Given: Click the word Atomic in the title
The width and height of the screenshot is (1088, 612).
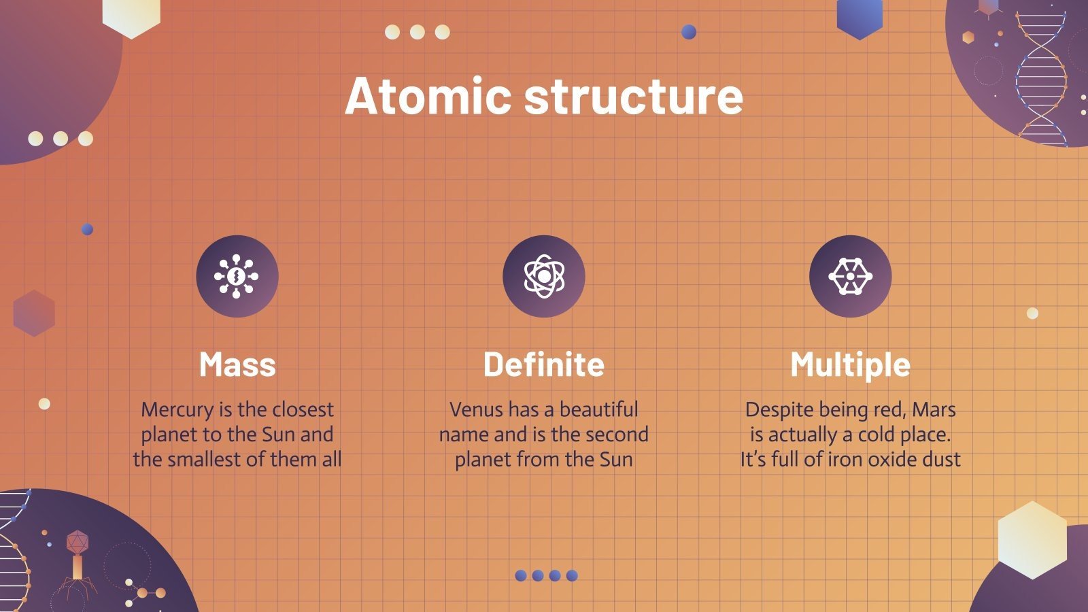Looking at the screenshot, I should click(x=427, y=96).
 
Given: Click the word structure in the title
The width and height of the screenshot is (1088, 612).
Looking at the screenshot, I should click(x=633, y=96).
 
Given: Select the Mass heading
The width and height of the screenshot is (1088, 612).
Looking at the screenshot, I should click(x=237, y=364).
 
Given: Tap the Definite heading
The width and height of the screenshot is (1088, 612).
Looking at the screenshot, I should click(x=543, y=364).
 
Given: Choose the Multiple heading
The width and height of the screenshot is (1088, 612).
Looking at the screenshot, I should click(x=850, y=364).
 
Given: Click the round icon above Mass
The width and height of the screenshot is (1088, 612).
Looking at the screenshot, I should click(x=237, y=276).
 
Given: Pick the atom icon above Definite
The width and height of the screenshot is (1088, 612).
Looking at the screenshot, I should click(x=543, y=276).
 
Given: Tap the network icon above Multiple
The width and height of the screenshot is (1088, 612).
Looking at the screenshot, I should click(x=850, y=276).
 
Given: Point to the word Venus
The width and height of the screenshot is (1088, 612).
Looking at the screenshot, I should click(x=476, y=409).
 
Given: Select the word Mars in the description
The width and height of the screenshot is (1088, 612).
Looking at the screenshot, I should click(x=934, y=409).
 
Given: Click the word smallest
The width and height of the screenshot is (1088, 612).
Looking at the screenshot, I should click(x=204, y=459).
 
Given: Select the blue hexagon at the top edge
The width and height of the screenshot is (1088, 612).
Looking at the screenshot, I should click(x=860, y=17).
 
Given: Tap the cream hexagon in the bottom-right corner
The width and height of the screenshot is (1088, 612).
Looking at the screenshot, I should click(x=1032, y=540).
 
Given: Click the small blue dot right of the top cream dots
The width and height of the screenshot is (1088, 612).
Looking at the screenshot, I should click(x=689, y=31).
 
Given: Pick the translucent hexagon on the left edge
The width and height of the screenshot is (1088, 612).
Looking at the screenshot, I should click(x=34, y=313).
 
